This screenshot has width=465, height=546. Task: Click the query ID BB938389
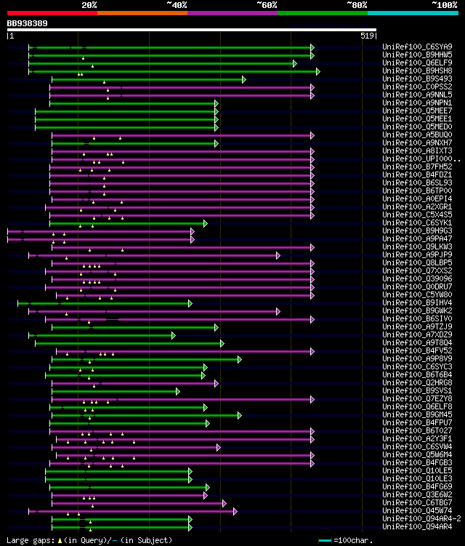pos(28,23)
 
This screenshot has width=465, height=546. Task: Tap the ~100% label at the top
pos(444,4)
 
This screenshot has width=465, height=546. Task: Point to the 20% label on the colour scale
pos(89,4)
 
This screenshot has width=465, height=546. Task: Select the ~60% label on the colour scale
pos(267,4)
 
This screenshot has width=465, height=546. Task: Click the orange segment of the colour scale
pos(142,12)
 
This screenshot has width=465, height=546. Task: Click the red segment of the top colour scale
pos(52,12)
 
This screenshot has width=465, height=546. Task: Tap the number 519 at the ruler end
pos(367,35)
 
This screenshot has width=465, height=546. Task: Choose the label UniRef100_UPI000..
pos(418,158)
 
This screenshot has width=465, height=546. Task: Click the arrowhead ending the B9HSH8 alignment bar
pos(318,71)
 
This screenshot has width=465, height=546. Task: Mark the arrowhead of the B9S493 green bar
pos(244,79)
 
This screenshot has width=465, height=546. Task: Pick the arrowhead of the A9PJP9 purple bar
pos(278,255)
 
